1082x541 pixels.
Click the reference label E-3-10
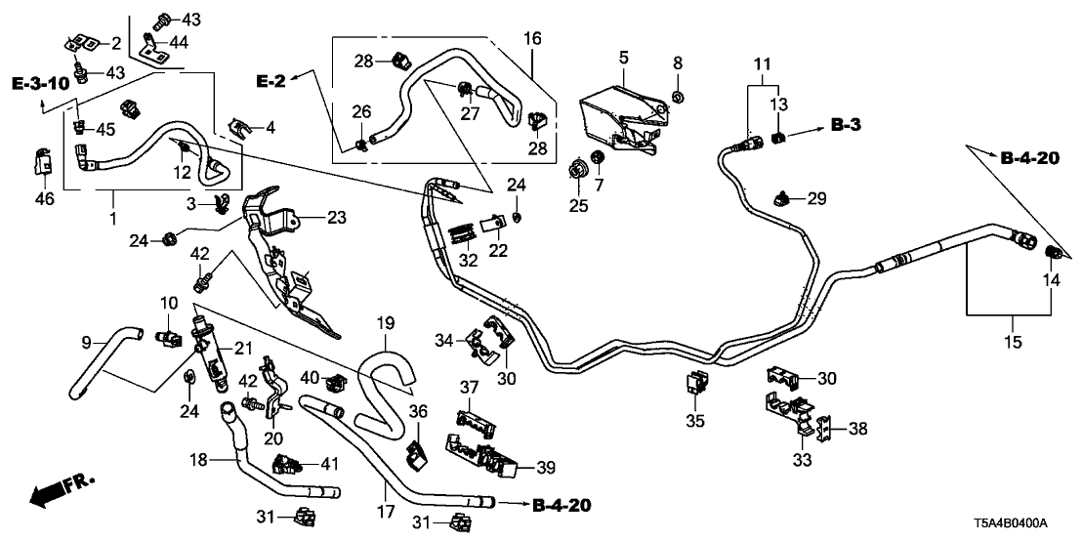click(41, 83)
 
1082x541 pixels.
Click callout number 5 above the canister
click(624, 59)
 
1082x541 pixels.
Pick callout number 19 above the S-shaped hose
click(385, 321)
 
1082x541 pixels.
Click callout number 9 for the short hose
click(86, 342)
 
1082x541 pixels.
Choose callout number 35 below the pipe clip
click(694, 422)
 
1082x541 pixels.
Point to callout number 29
click(816, 199)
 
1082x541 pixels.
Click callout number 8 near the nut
click(678, 63)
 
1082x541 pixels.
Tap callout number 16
click(532, 38)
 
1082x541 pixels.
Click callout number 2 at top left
click(115, 42)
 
